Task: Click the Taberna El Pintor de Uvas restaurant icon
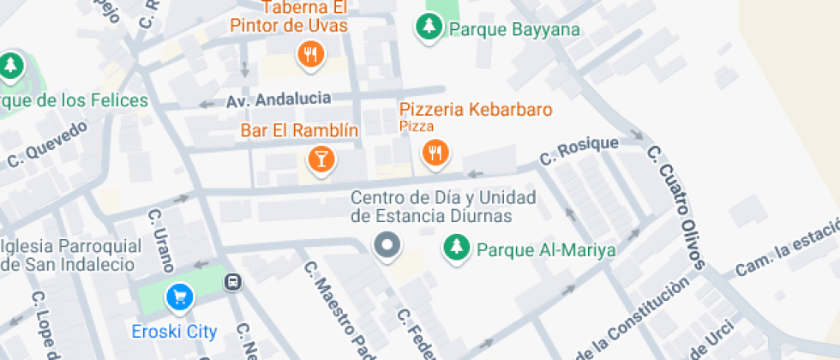click(310, 56)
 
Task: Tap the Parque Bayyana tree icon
click(428, 27)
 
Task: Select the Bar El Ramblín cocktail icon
click(321, 159)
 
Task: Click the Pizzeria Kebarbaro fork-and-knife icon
click(435, 153)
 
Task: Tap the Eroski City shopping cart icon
click(180, 297)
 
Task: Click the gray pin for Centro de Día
click(387, 245)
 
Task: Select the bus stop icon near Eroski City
click(231, 282)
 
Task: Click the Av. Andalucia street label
click(279, 99)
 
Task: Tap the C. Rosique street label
click(578, 151)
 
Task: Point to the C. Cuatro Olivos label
click(675, 206)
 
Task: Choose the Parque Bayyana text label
click(514, 30)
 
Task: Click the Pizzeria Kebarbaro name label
click(476, 110)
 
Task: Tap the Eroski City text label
click(174, 331)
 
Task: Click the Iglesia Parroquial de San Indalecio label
click(70, 255)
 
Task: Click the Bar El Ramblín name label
click(299, 130)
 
